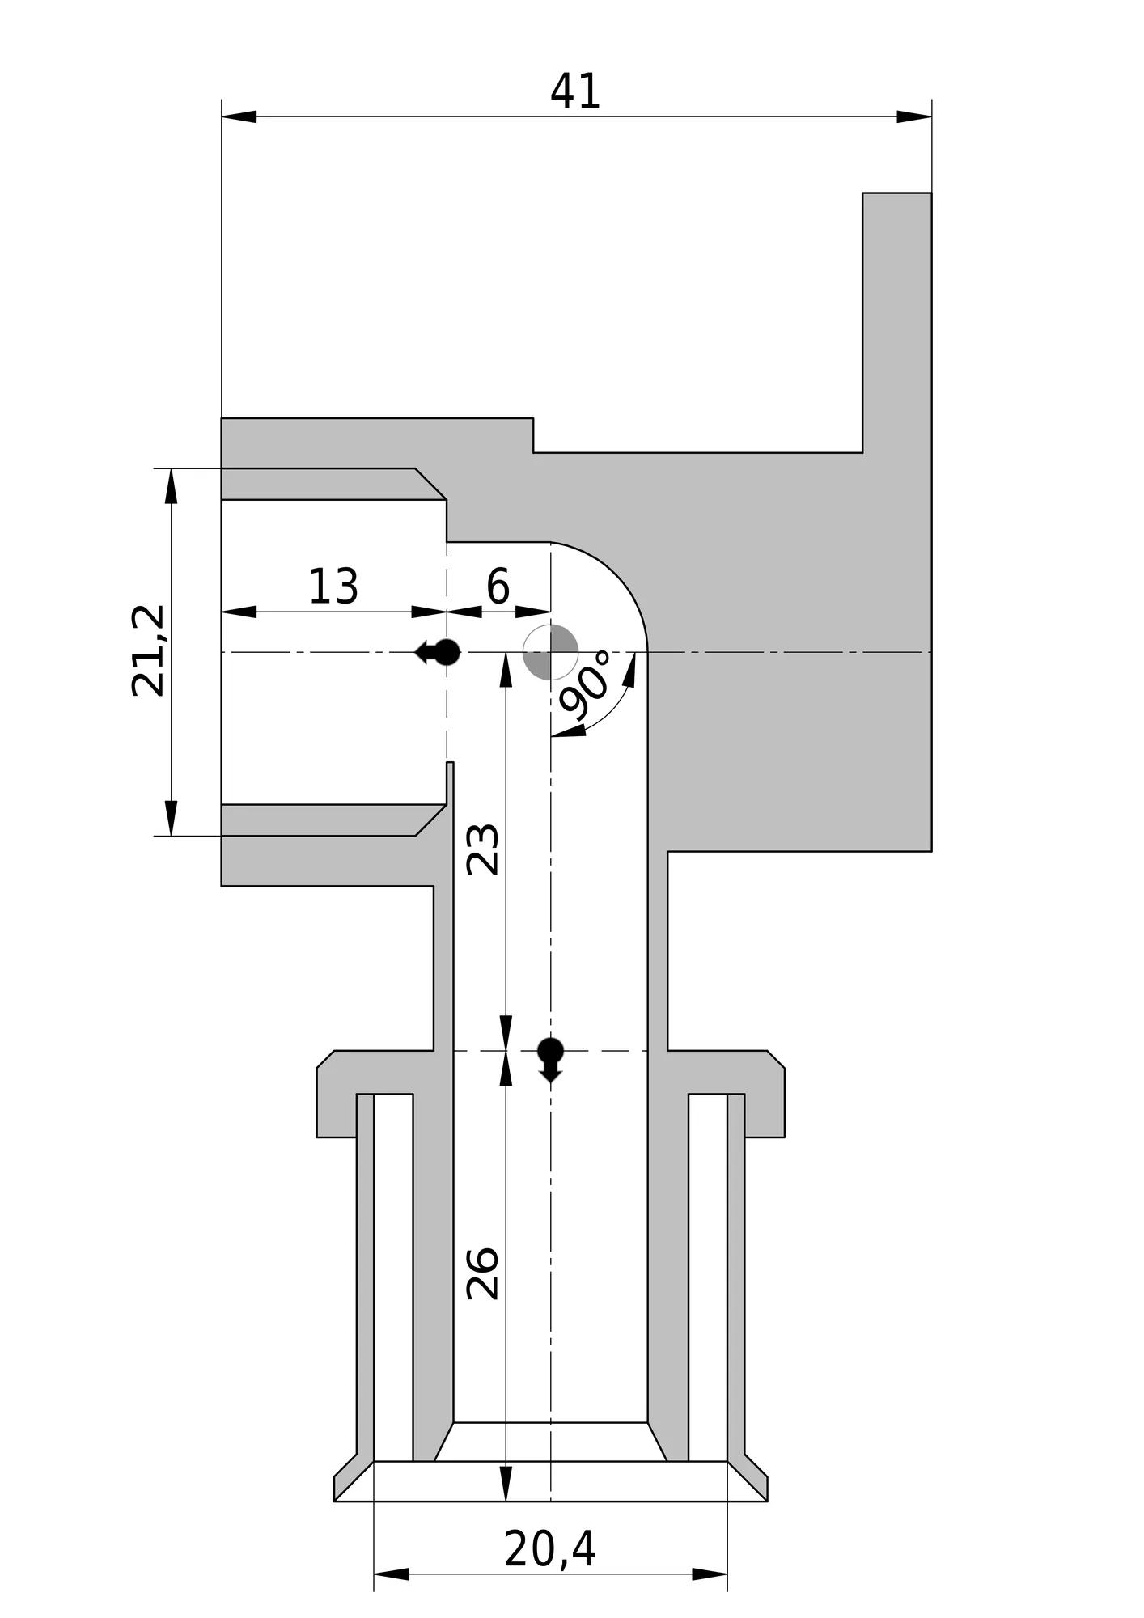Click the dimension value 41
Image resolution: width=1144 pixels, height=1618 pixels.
point(575,91)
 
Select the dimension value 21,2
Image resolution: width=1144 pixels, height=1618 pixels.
point(148,650)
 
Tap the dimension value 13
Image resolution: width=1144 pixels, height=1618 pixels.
point(333,587)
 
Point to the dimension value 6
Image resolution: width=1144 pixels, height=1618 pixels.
point(498,586)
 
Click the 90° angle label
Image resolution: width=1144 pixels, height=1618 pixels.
point(587,684)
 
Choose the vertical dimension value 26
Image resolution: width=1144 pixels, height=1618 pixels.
point(483,1273)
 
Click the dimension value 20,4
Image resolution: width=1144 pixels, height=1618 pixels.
point(550,1550)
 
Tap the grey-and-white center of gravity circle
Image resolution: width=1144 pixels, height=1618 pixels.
point(551,651)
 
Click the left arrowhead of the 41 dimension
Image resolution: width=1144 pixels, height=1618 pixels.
point(239,116)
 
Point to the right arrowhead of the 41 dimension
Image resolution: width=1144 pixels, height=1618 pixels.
point(914,116)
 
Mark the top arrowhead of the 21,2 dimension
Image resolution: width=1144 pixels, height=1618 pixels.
point(171,486)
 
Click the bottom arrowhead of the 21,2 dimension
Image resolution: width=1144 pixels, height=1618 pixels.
point(171,818)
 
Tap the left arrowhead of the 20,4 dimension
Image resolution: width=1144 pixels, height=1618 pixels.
point(392,1574)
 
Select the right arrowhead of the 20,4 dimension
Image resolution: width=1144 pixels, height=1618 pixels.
point(710,1574)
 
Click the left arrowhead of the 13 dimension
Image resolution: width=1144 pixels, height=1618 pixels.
point(239,612)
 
